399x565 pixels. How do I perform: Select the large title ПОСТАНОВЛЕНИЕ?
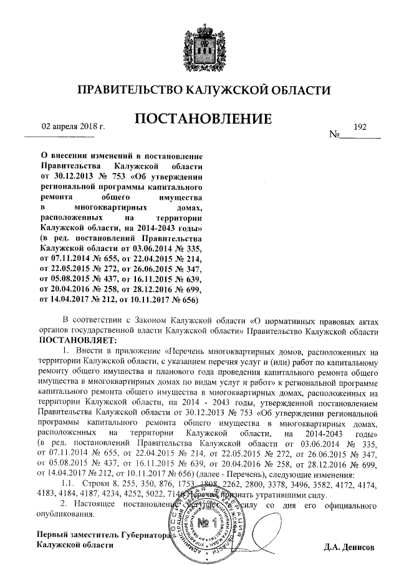[199, 119]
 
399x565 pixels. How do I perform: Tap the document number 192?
[359, 127]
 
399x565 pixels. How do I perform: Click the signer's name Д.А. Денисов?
[349, 549]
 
